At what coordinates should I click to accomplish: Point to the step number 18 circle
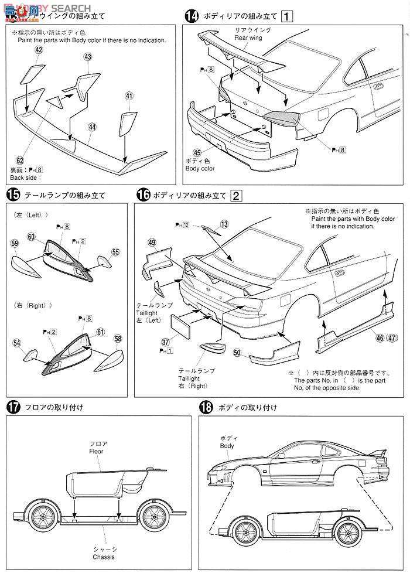click(206, 408)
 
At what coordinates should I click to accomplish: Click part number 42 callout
click(39, 51)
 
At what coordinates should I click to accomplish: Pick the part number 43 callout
click(88, 57)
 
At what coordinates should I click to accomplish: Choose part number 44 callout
click(92, 127)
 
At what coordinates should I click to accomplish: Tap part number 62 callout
click(20, 159)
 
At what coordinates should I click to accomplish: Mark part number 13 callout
click(224, 224)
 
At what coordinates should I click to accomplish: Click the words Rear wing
click(248, 37)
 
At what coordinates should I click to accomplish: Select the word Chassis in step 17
click(102, 557)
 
